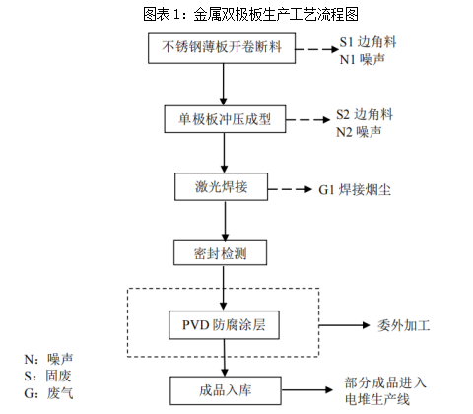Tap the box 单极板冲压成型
click(225, 119)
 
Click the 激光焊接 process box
click(225, 186)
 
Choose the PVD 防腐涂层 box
click(225, 324)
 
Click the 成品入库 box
click(225, 388)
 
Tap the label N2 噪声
click(365, 130)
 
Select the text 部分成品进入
click(385, 381)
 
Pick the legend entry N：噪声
click(48, 359)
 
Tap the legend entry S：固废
click(48, 376)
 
